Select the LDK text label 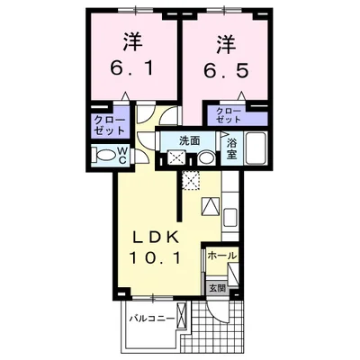coord(158,238)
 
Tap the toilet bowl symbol coord(103,155)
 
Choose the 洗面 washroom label coord(189,140)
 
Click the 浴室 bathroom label coord(231,147)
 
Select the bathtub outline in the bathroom coord(255,148)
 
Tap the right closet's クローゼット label coord(228,115)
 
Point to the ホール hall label coord(221,256)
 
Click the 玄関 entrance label coord(218,288)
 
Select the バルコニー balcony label coord(149,318)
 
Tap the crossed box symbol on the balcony coord(182,318)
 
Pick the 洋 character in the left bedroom coord(133,40)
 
